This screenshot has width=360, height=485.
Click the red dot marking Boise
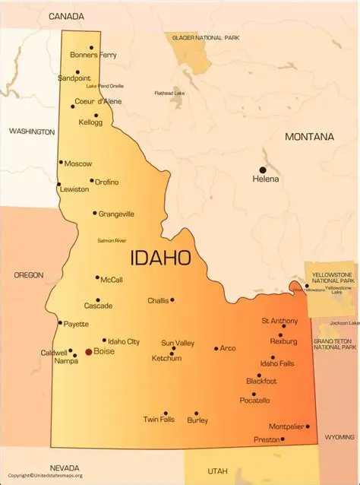pyautogui.click(x=88, y=353)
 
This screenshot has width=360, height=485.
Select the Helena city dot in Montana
pyautogui.click(x=263, y=170)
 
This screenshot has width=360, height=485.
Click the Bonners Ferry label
pyautogui.click(x=93, y=55)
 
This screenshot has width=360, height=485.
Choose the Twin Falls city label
pyautogui.click(x=159, y=420)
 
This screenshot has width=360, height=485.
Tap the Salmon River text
pyautogui.click(x=112, y=240)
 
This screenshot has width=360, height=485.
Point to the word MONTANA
pyautogui.click(x=309, y=137)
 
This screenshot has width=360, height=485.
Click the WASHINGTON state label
pyautogui.click(x=32, y=132)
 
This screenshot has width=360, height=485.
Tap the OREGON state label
pyautogui.click(x=28, y=274)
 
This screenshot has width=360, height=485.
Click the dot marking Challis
pyautogui.click(x=172, y=300)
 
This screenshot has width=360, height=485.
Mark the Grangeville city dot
pyautogui.click(x=95, y=213)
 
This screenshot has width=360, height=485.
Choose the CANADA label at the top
pyautogui.click(x=66, y=15)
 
